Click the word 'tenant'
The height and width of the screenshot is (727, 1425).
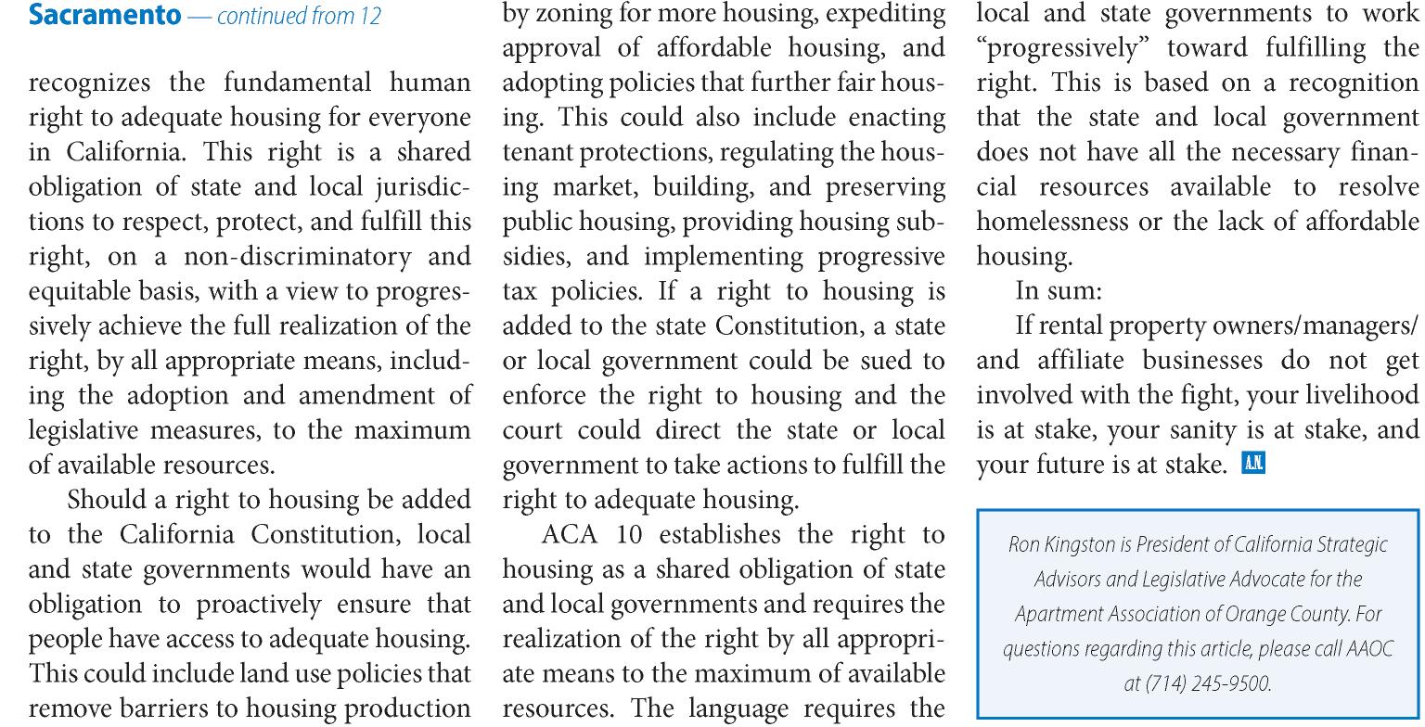[538, 153]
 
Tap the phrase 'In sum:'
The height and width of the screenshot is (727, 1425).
[1059, 291]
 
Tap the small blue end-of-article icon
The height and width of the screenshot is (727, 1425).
[1252, 464]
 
